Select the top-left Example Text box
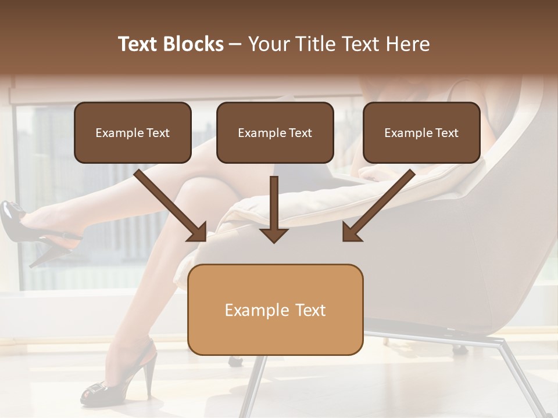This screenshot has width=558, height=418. pos(133,132)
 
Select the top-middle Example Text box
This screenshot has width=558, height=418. pos(275,132)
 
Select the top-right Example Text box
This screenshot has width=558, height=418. pos(421,132)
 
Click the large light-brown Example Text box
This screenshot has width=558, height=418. pos(275,309)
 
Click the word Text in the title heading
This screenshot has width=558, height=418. pos(140,44)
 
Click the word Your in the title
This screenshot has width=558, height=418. pos(266,44)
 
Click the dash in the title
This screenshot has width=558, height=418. pos(235,44)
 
